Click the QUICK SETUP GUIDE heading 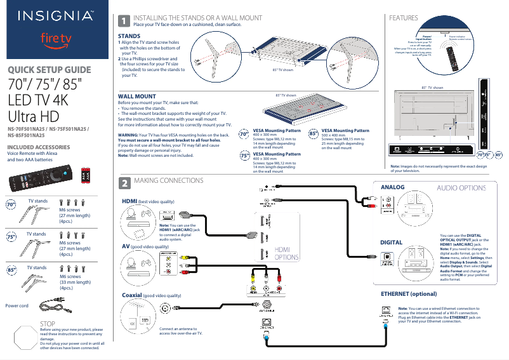pos(49,70)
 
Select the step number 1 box pos(125,21)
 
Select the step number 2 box pos(125,183)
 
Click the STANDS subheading pos(129,36)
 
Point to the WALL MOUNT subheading pos(138,96)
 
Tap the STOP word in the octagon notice pos(49,324)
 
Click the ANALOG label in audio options pos(392,187)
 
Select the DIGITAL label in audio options pos(391,243)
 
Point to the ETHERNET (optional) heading pos(409,295)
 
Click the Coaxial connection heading pos(131,295)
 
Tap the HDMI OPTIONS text pos(287,254)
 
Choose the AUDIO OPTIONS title pos(461,188)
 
